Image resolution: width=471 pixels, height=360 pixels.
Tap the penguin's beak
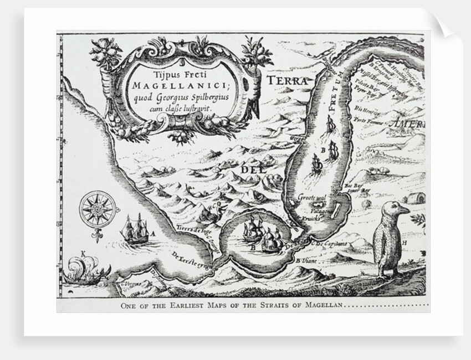point(404,210)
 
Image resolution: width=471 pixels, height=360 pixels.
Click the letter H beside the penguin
point(405,243)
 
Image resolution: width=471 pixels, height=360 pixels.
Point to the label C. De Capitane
point(330,244)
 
